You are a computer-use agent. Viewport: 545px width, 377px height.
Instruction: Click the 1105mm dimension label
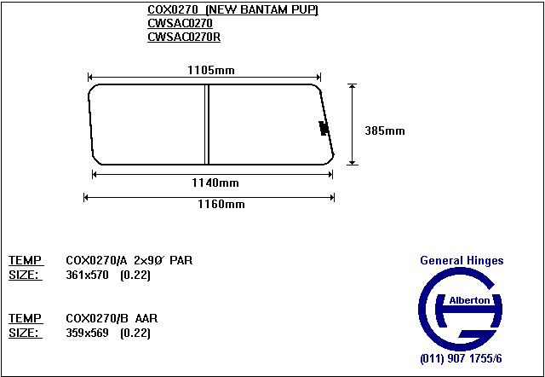pos(211,70)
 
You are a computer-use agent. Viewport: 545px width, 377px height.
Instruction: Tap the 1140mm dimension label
pos(215,183)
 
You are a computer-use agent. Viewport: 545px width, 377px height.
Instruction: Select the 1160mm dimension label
pos(221,204)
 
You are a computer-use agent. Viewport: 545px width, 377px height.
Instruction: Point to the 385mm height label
pos(385,130)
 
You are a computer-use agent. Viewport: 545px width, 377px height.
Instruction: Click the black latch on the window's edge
pos(324,128)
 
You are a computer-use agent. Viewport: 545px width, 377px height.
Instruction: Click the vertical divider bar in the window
pos(207,125)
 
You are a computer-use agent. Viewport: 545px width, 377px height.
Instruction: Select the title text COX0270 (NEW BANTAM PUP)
pos(232,9)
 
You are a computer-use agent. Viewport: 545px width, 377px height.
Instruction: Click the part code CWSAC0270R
pos(184,37)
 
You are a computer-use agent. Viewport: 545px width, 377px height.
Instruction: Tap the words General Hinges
pos(462,260)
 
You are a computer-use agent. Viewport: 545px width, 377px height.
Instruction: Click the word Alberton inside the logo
pos(469,300)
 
